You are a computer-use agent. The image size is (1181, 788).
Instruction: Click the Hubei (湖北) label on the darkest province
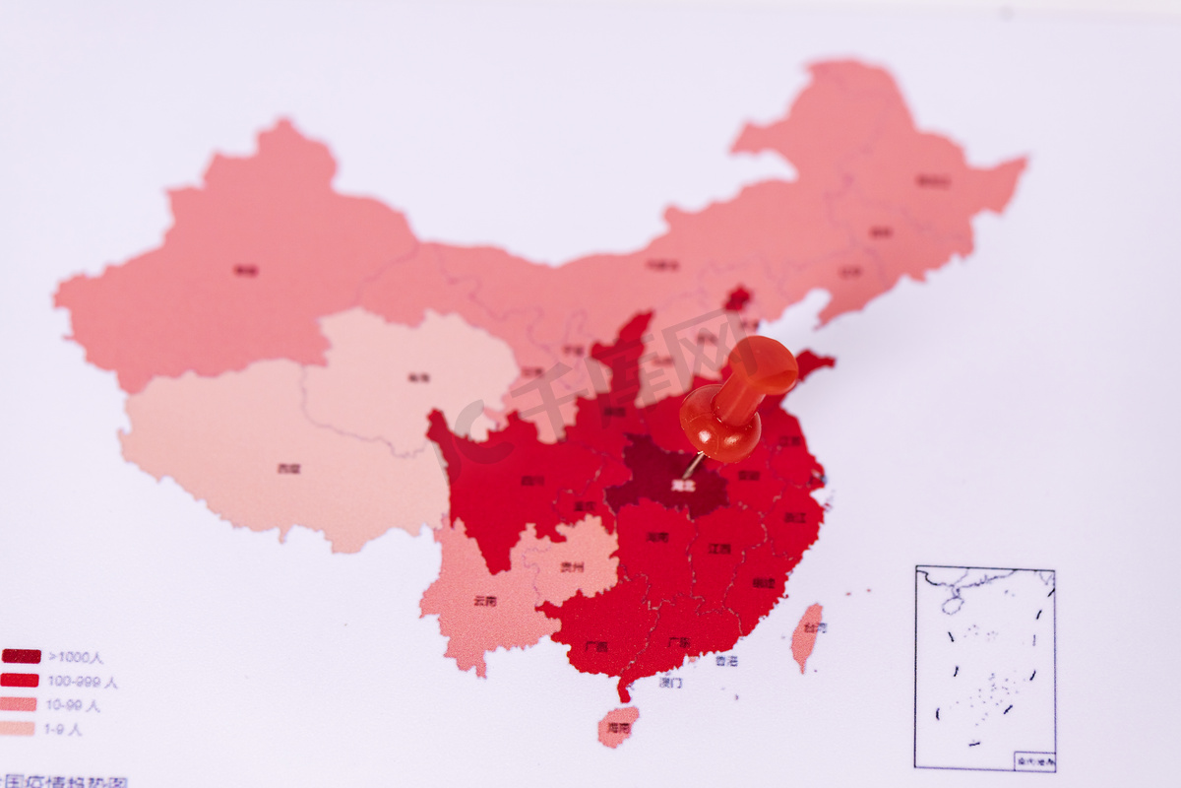(682, 486)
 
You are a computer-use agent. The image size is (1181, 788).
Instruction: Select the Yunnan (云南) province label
(484, 600)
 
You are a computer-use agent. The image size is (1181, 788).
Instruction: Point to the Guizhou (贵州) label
(572, 567)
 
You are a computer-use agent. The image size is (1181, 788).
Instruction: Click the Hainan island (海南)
(618, 727)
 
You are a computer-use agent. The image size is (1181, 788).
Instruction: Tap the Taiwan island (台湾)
(807, 635)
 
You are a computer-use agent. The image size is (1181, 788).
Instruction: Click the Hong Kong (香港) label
(726, 661)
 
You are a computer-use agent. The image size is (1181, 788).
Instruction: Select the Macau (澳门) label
(671, 682)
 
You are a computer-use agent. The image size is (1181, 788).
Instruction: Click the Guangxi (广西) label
(595, 647)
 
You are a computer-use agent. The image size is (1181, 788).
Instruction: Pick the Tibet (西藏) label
(288, 469)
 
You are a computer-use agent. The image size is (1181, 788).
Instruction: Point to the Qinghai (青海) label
(419, 377)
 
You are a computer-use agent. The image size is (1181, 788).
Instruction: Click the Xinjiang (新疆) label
(246, 270)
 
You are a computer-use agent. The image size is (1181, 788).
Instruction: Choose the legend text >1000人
(76, 657)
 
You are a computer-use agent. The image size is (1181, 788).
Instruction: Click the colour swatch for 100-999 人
(20, 681)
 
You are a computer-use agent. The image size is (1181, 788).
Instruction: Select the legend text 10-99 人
(74, 705)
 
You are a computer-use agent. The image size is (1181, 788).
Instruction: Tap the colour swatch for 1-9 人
(18, 729)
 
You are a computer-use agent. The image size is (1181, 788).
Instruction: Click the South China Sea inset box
(985, 668)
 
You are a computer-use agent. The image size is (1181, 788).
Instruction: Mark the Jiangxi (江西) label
(719, 549)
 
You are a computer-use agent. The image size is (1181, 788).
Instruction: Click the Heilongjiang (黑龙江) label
(933, 181)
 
